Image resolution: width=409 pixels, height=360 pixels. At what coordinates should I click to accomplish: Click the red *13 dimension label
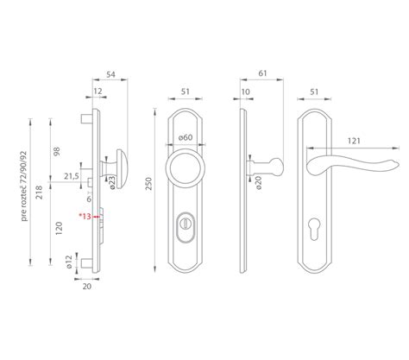[85, 216]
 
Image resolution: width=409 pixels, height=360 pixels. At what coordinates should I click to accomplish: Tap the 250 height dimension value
[148, 184]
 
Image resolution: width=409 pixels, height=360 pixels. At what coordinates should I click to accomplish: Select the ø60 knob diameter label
[186, 137]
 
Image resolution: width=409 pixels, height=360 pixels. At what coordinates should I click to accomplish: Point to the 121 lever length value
[354, 141]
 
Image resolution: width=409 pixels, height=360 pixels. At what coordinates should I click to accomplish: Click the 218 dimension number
[39, 193]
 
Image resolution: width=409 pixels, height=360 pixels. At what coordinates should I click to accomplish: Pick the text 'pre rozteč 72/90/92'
[25, 186]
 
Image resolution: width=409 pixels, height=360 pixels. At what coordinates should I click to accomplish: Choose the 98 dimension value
[57, 151]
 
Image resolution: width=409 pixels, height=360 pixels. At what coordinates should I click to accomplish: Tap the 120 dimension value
[59, 228]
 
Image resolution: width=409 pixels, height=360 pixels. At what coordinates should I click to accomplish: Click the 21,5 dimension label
[72, 176]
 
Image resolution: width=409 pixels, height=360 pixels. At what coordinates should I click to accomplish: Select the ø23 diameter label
[112, 182]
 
